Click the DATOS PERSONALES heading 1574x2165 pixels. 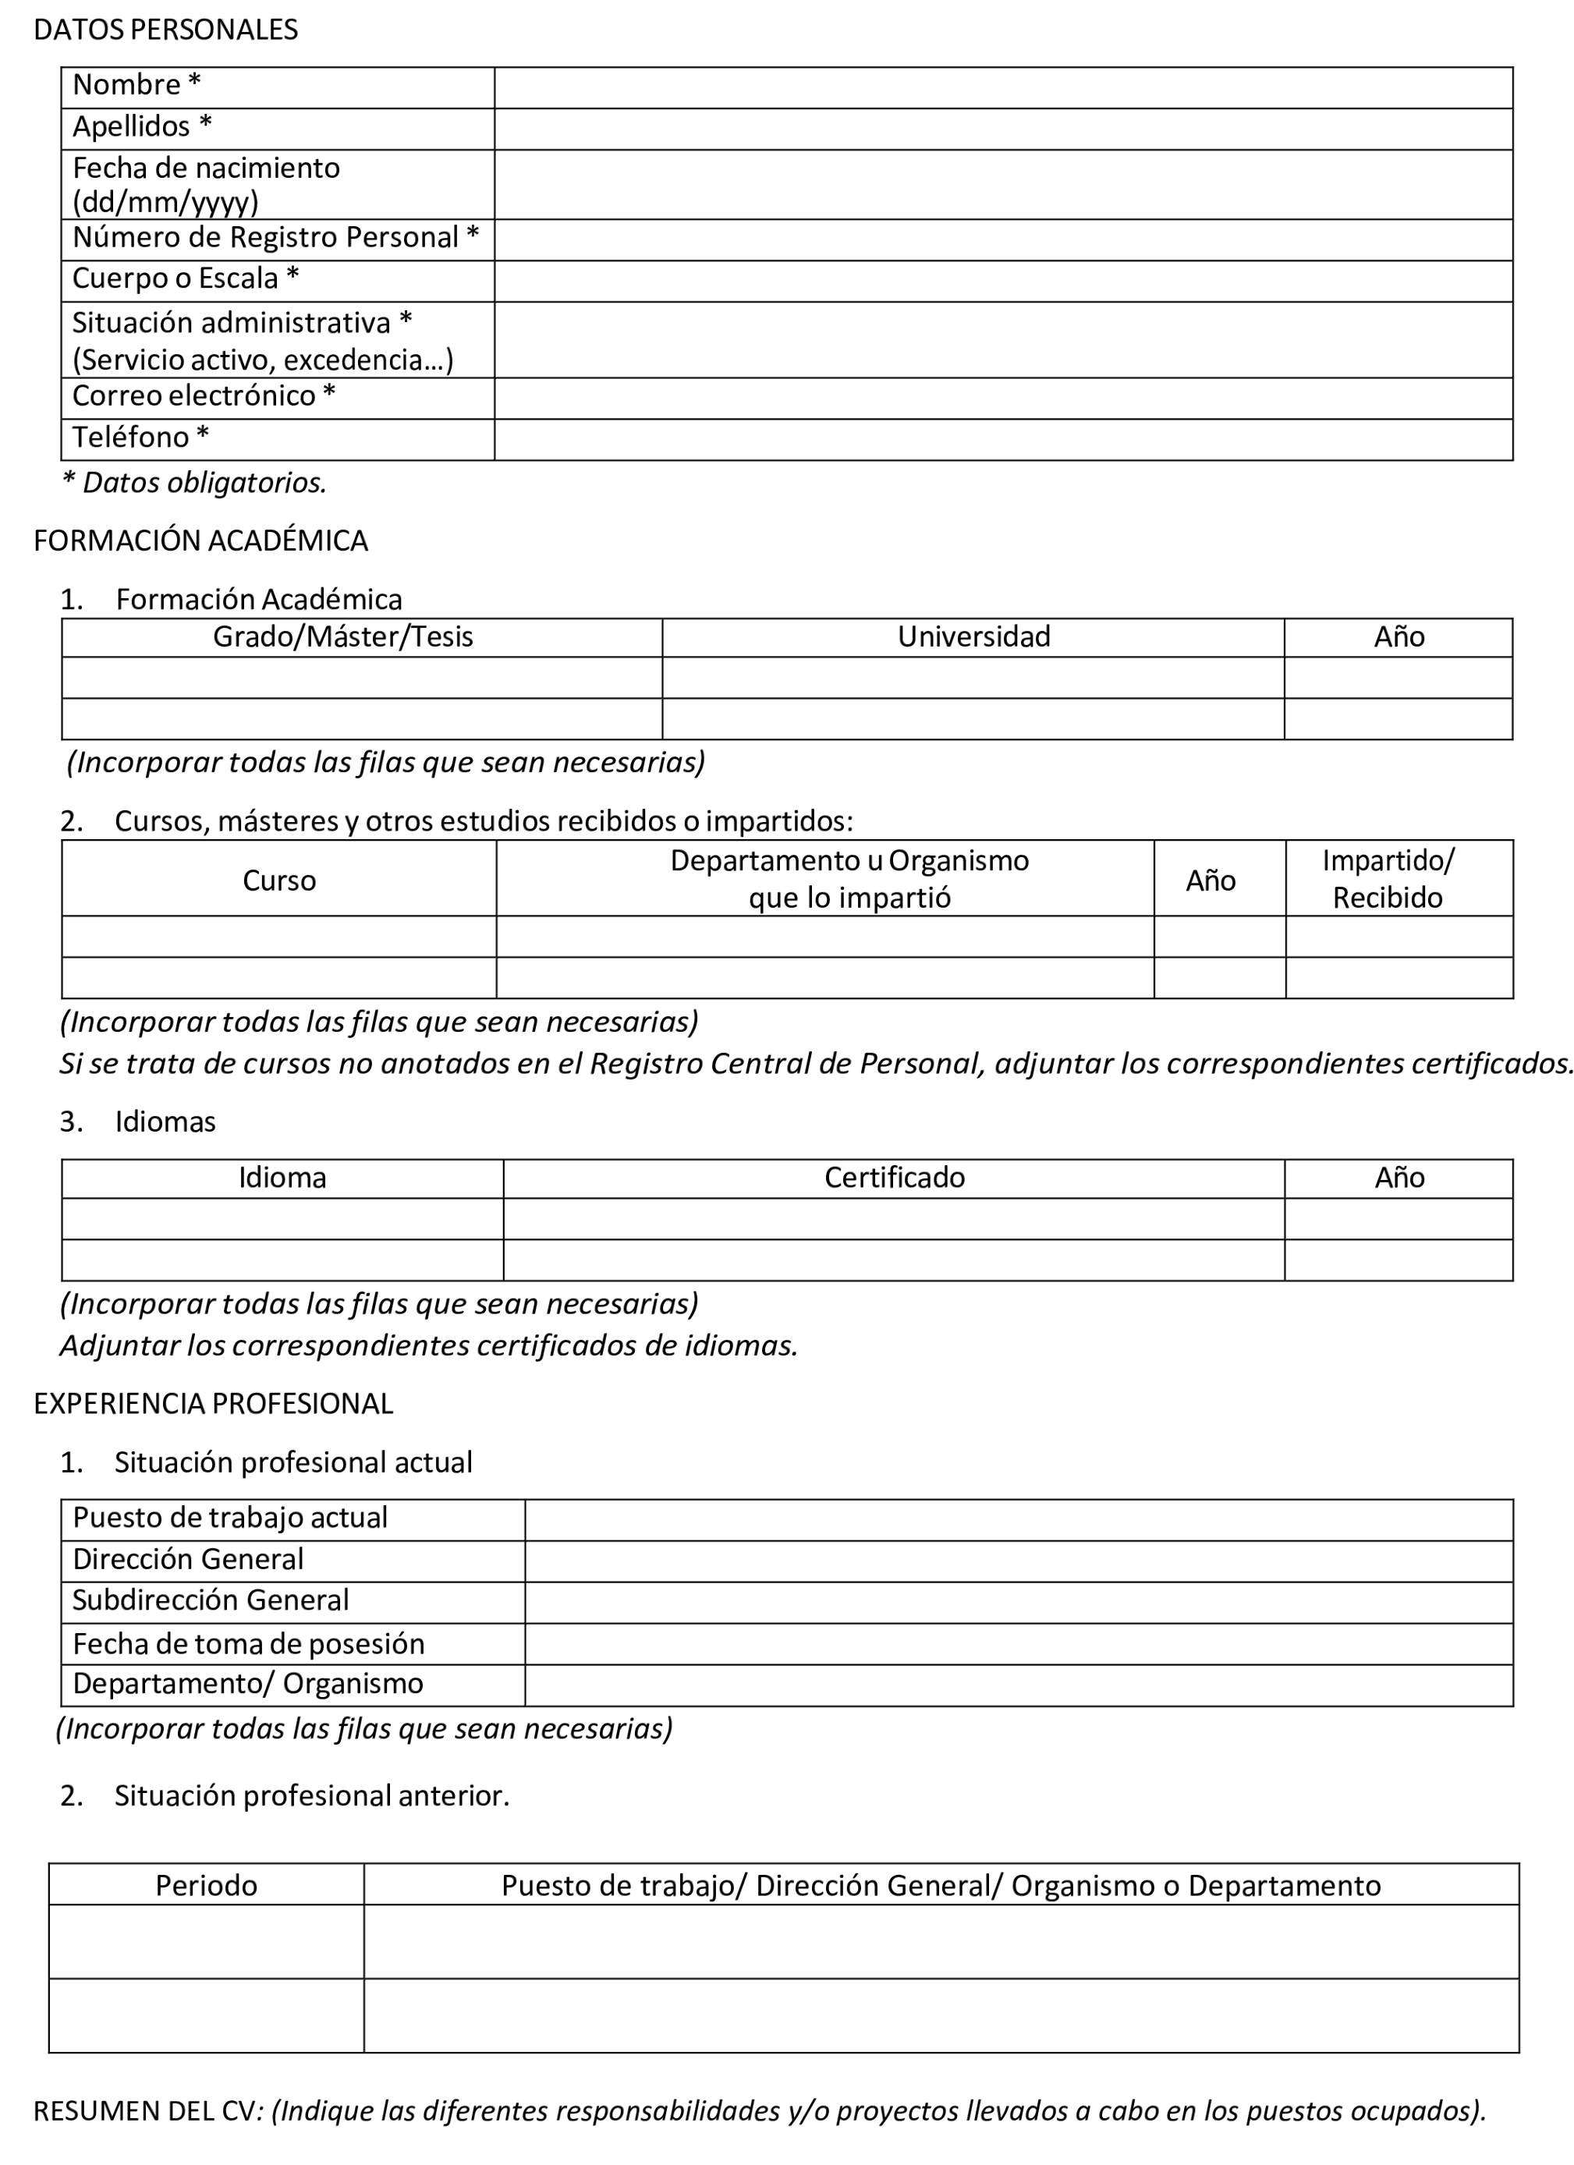click(165, 30)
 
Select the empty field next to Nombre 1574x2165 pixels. click(1002, 88)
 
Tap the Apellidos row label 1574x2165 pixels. click(142, 127)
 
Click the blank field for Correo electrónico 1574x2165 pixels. click(1002, 398)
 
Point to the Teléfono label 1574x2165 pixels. click(140, 438)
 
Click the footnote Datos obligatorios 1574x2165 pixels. click(195, 483)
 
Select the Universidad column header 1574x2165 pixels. click(973, 636)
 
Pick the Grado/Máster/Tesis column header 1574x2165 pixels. click(342, 636)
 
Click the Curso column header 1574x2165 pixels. click(278, 881)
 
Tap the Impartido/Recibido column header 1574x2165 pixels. click(1387, 879)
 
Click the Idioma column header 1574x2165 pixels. click(282, 1178)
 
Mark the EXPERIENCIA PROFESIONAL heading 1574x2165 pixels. click(213, 1403)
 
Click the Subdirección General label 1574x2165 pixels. click(210, 1600)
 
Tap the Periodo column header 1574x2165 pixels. click(206, 1885)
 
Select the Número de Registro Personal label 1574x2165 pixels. click(275, 238)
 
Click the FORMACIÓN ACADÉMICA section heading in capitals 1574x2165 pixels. click(200, 541)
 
